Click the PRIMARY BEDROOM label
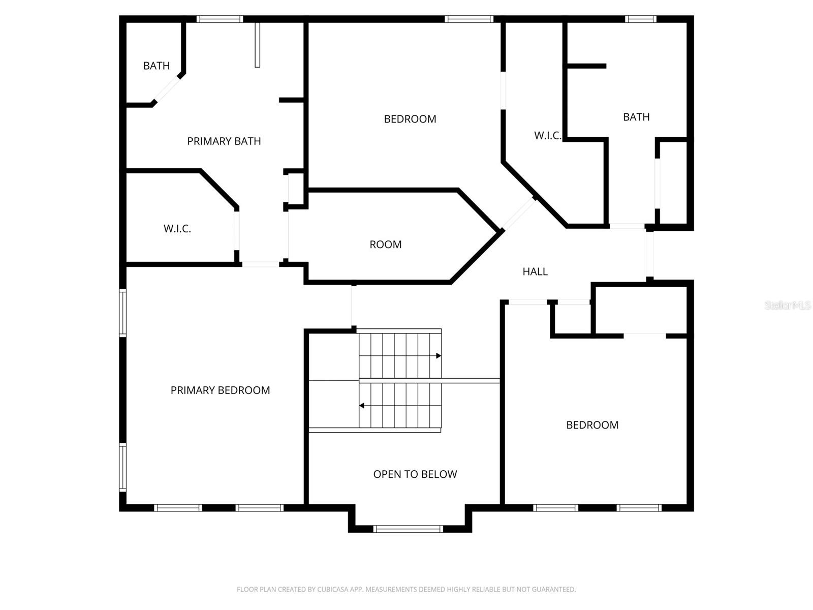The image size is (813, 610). click(x=220, y=390)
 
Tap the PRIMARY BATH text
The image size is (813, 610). click(x=224, y=141)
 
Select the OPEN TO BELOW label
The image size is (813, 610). click(x=415, y=474)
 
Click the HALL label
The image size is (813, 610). click(x=535, y=271)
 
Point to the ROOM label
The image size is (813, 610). click(x=385, y=244)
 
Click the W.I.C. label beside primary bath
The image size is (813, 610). click(x=177, y=229)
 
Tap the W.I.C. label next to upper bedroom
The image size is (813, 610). click(x=547, y=135)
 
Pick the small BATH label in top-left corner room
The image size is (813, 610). click(x=156, y=66)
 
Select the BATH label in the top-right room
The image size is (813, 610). click(x=636, y=117)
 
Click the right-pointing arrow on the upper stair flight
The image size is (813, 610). click(x=439, y=356)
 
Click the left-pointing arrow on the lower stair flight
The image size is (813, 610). click(x=362, y=406)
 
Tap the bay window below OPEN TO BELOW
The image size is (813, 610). click(x=408, y=529)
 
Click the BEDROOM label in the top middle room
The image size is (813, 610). click(x=410, y=119)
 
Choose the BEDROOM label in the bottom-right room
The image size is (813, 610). click(x=592, y=425)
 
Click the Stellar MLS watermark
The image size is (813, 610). click(x=788, y=305)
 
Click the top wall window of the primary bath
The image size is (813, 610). click(x=220, y=19)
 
